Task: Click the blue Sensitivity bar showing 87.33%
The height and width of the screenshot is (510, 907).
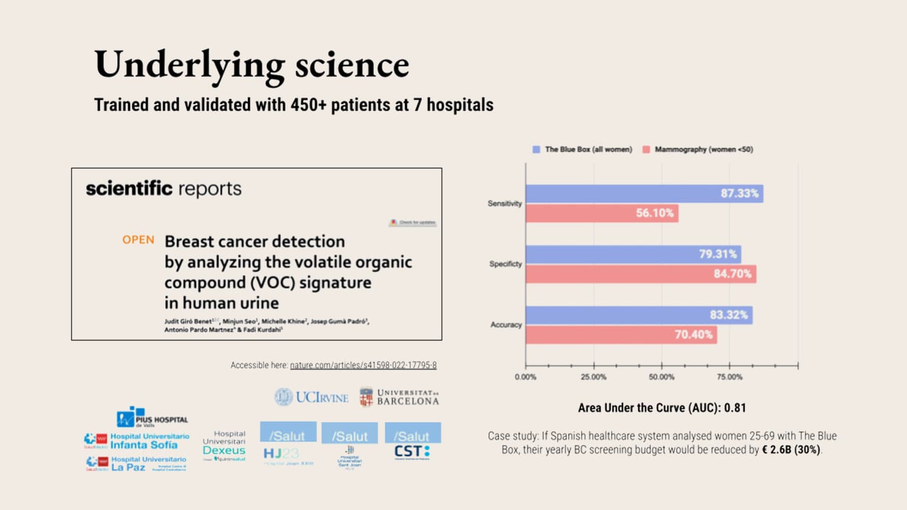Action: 644,194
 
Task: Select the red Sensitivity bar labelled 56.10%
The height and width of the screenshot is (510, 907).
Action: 602,213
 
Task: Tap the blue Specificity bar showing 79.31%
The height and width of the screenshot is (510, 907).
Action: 633,254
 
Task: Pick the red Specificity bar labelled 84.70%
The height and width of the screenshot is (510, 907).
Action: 641,274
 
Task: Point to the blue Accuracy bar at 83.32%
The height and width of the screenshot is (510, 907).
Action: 639,315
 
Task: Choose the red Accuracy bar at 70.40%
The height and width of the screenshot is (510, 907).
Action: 621,335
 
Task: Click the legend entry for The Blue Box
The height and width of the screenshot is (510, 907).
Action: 582,150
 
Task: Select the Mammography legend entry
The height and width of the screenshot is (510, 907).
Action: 698,150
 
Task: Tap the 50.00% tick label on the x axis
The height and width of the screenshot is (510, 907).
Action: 661,377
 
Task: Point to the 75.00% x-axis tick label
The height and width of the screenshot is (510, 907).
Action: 730,377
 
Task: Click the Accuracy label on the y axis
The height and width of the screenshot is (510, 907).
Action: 506,325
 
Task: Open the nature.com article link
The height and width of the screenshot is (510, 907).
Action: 363,365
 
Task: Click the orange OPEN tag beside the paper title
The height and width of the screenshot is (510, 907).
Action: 138,240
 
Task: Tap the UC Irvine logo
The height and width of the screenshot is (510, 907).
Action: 312,397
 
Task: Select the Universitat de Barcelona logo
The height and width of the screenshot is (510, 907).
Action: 400,397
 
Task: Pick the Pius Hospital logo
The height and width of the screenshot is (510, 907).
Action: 152,418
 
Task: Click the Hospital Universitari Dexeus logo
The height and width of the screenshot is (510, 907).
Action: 224,446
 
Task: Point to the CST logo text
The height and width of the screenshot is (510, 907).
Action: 412,452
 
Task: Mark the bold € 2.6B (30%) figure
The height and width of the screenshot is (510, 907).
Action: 791,450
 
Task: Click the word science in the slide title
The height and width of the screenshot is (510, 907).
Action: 352,65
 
